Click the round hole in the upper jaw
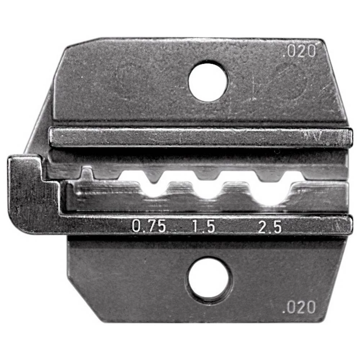tap(208, 82)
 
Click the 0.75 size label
tap(149, 227)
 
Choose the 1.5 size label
tap(203, 227)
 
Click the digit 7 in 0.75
tap(150, 227)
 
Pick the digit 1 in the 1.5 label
tap(196, 227)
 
